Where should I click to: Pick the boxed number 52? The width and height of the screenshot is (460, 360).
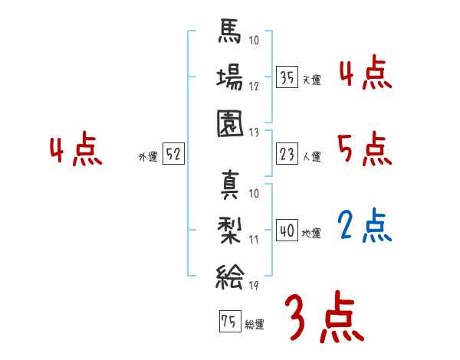coord(173,154)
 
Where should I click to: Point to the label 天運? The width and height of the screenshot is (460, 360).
coord(311,79)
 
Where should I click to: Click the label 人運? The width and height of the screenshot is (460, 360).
coord(311,156)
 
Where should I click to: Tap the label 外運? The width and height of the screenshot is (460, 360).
coord(148,156)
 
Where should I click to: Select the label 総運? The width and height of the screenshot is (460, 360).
coord(255,324)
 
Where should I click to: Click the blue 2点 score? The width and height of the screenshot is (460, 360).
coord(365,226)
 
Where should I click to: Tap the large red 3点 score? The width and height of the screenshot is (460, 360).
coord(324,319)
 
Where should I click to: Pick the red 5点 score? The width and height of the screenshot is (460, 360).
coord(365,149)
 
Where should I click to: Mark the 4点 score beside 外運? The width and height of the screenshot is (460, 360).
coord(77,151)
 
